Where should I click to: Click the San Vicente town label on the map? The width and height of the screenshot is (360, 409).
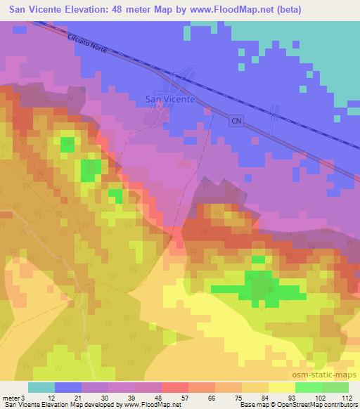coord(170,99)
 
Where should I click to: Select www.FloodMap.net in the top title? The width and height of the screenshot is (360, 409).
coord(240,9)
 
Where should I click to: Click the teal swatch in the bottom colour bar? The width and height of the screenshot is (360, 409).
coord(41,387)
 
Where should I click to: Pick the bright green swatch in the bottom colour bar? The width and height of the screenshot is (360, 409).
coord(309,387)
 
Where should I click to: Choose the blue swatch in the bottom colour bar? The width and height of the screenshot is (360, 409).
coord(68,387)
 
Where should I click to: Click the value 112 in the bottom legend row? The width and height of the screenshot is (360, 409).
coord(347,398)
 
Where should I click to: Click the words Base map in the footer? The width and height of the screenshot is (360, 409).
coord(249,405)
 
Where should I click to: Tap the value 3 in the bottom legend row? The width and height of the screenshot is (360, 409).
coord(25,398)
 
